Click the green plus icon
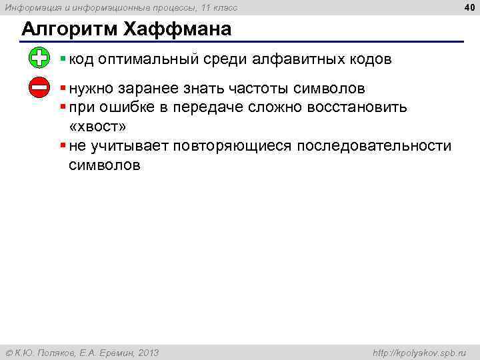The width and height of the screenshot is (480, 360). tap(39, 58)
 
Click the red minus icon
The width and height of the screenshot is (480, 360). tap(39, 87)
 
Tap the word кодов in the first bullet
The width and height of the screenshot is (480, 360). tap(369, 59)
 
